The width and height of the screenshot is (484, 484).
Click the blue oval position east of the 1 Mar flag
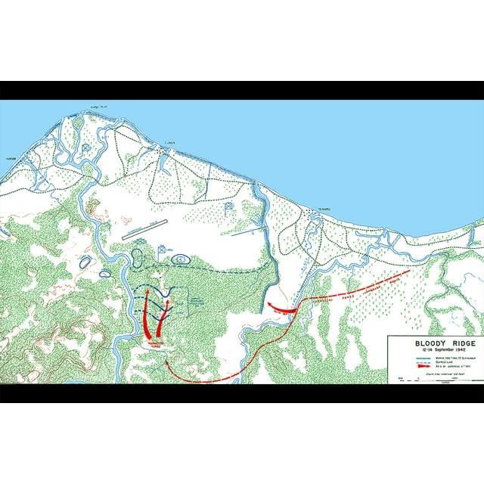181,259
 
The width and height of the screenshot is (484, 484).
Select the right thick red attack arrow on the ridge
163,318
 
